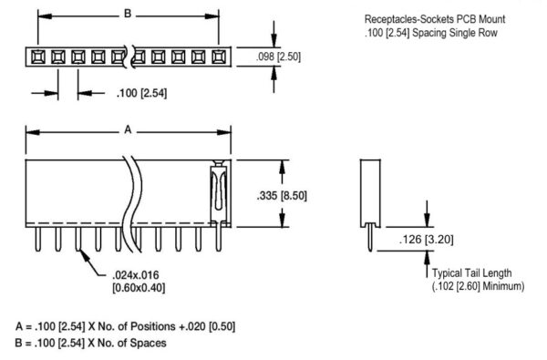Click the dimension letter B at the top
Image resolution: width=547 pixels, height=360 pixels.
pos(128,15)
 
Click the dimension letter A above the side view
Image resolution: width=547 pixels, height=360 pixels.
pos(128,131)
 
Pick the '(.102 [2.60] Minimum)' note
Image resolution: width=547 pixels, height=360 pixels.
pos(478,285)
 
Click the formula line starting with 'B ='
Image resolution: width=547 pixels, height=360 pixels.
pos(90,344)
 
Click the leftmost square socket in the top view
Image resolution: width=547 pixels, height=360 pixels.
pos(37,57)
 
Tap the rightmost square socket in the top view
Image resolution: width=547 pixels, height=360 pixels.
pos(217,57)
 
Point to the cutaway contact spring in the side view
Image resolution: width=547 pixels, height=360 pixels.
pos(218,192)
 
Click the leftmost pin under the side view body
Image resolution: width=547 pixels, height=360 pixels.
pos(37,238)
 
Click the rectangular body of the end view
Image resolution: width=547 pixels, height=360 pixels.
pos(369,191)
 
